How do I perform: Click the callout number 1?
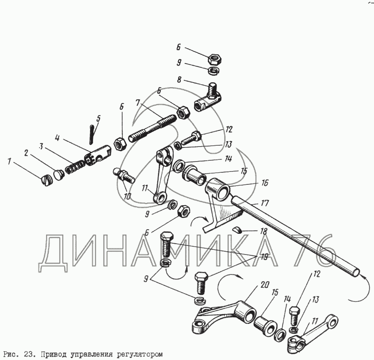(10, 162)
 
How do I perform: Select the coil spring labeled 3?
(75, 167)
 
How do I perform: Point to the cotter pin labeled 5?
(92, 135)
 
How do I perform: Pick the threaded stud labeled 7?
(153, 128)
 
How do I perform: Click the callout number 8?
(179, 80)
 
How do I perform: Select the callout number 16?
(265, 183)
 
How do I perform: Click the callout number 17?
(264, 203)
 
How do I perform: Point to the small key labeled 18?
(237, 230)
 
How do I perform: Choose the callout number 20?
(265, 284)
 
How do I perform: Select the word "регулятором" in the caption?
(141, 354)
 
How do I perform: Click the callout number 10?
(128, 196)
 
